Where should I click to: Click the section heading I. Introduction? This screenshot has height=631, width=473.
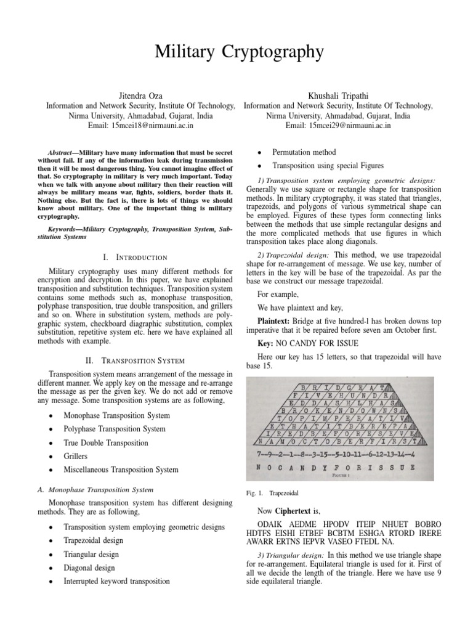tap(134, 256)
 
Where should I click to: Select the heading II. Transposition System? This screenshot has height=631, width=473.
tap(134, 360)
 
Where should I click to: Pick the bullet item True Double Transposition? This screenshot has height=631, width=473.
tap(106, 442)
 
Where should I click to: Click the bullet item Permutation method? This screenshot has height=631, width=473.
tap(304, 152)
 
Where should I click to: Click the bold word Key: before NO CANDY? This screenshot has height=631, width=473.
tap(266, 342)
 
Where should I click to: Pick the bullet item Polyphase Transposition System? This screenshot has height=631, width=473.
tap(115, 429)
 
